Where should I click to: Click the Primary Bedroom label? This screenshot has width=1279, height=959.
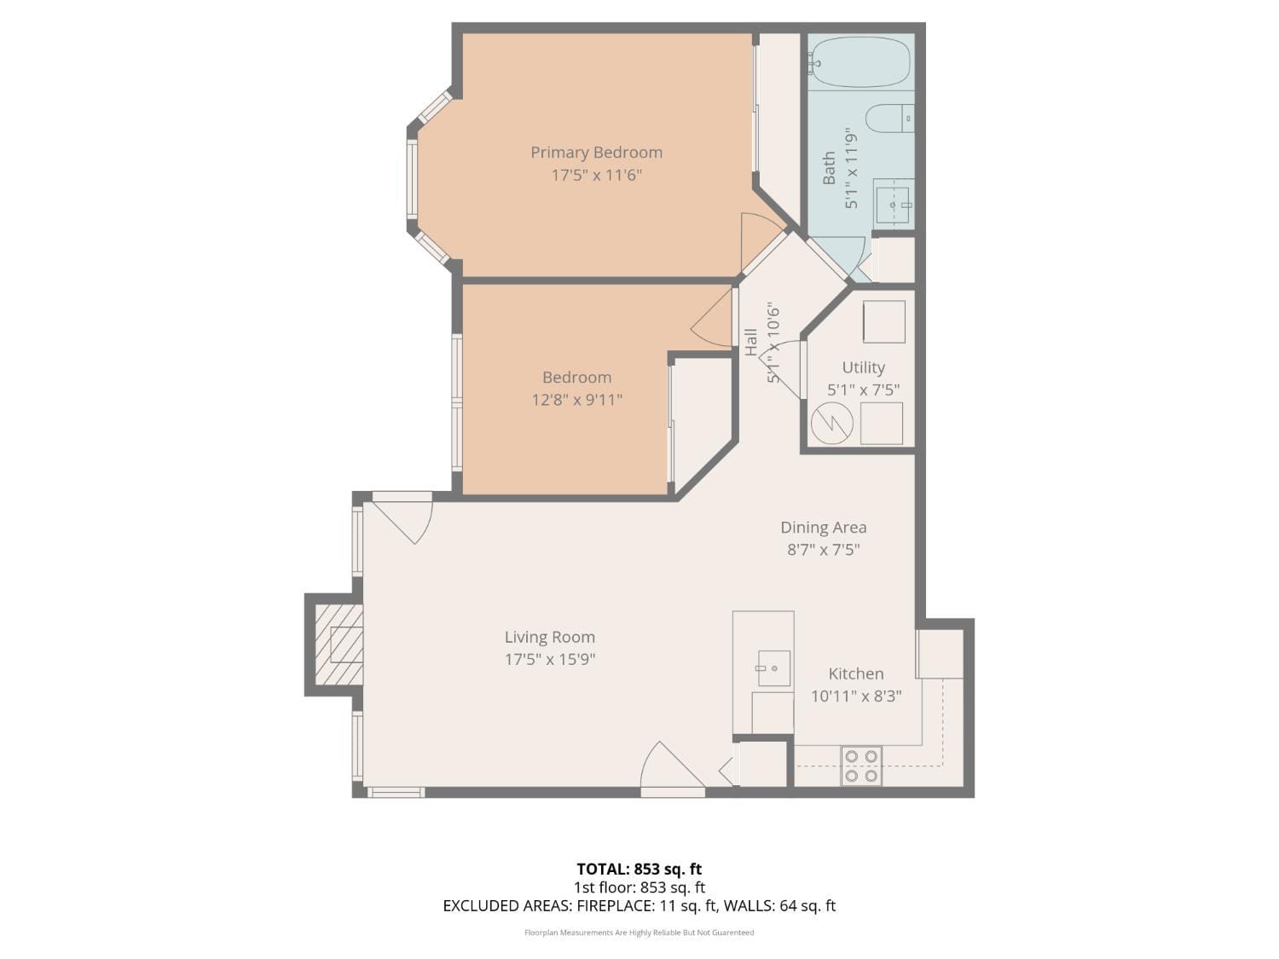click(x=596, y=153)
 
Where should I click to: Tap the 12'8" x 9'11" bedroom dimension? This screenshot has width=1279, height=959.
click(x=577, y=400)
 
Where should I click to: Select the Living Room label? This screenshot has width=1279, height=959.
click(x=549, y=637)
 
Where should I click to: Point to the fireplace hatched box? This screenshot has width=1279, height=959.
click(x=339, y=644)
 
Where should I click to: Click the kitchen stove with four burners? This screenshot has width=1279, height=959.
click(x=861, y=765)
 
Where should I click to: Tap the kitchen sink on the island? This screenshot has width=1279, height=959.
click(x=773, y=668)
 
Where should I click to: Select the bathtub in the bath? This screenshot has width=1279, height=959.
click(x=859, y=62)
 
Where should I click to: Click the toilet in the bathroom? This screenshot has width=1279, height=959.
click(x=888, y=118)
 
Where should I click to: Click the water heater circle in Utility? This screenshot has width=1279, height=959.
click(x=831, y=424)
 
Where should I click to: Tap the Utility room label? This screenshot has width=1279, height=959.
click(x=863, y=367)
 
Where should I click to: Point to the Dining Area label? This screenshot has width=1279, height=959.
click(x=823, y=528)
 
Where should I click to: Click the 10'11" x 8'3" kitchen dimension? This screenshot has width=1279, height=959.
click(x=855, y=696)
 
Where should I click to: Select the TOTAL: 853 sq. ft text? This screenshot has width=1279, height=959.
click(x=639, y=869)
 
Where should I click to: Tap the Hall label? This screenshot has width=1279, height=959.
click(x=751, y=342)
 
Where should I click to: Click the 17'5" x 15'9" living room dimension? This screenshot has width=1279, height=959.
click(x=549, y=659)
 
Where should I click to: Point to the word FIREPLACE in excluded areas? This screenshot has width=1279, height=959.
click(x=616, y=905)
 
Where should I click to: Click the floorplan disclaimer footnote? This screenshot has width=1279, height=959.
click(x=639, y=933)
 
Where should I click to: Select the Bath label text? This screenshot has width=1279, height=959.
click(x=829, y=168)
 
